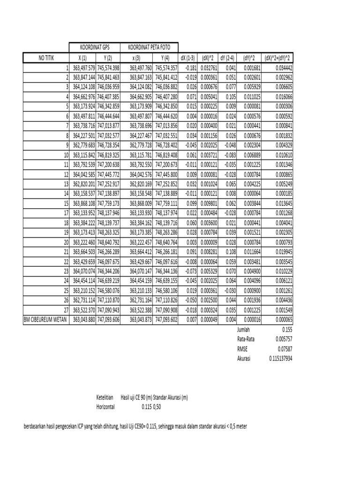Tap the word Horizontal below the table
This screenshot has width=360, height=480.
105,407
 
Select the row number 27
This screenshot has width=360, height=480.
65,310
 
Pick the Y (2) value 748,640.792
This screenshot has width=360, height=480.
108,242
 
